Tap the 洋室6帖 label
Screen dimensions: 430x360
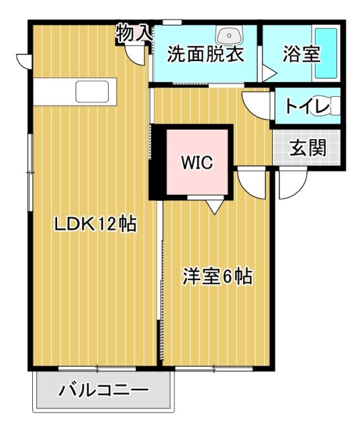pos(217,275)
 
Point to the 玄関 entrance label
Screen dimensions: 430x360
pos(308,148)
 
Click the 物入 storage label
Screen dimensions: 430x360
pos(134,32)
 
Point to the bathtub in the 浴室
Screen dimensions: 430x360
pos(326,53)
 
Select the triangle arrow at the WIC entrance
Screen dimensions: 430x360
pos(214,206)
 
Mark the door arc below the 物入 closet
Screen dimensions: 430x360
pos(138,54)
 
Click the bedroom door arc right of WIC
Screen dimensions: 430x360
pos(252,182)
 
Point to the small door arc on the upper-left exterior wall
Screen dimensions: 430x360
pos(22,60)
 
